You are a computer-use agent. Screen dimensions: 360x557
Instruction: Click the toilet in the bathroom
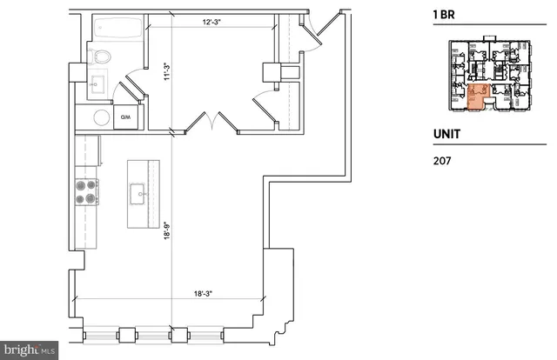pyautogui.click(x=101, y=57)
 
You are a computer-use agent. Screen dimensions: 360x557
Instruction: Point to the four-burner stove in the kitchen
pyautogui.click(x=85, y=191)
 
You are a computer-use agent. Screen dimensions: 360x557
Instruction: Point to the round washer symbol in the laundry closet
pyautogui.click(x=101, y=117)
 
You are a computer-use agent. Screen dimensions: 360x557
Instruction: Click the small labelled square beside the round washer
pyautogui.click(x=125, y=117)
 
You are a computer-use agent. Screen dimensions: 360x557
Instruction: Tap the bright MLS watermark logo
pyautogui.click(x=30, y=350)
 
